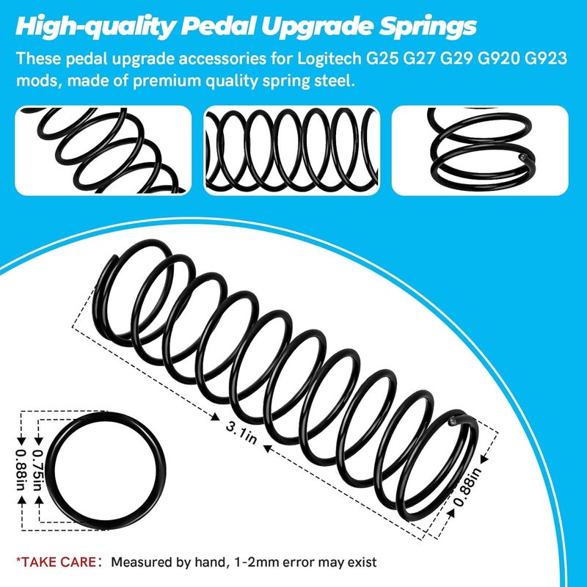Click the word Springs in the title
coord(428,27)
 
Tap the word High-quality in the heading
coord(95,27)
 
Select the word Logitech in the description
coord(329,59)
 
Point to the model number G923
coord(545,59)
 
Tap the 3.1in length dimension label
coord(241,432)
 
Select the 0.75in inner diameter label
coord(38,470)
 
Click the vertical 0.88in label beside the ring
coord(21,470)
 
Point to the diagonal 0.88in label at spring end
coord(467,486)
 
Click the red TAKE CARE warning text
coord(56,562)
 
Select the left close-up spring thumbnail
coord(103,150)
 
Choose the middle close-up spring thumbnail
coord(291,150)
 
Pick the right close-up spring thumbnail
coord(480,150)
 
